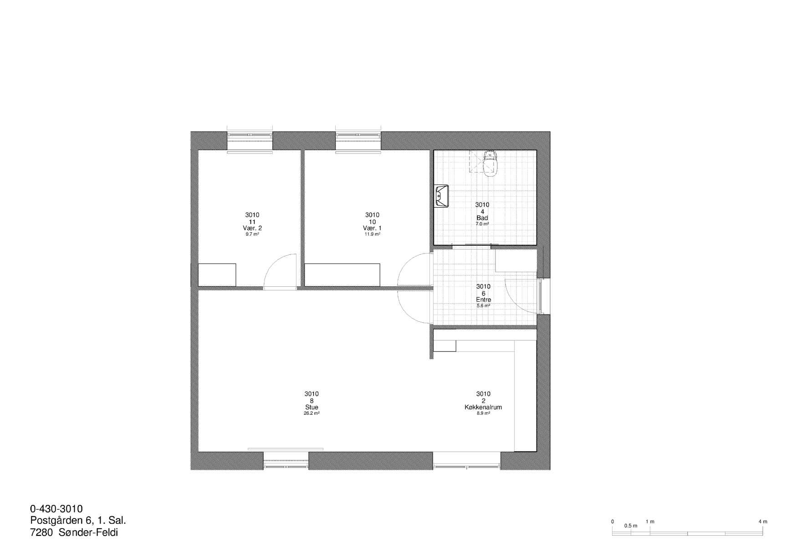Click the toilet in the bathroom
(x=490, y=163)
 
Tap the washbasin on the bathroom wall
(x=441, y=196)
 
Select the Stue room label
(x=311, y=407)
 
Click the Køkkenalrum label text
(x=483, y=407)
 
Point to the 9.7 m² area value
(x=252, y=234)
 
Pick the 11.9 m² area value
(x=372, y=234)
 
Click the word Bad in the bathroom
(x=482, y=218)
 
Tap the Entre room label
(x=483, y=300)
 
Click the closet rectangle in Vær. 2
(x=217, y=275)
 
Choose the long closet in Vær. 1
(x=342, y=275)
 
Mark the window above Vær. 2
(x=250, y=140)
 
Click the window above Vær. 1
(x=358, y=140)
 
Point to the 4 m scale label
(x=763, y=522)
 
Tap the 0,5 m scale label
(x=631, y=526)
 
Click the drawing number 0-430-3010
(x=56, y=509)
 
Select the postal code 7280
(x=41, y=533)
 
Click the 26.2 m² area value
(x=311, y=413)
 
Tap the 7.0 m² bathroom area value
(x=482, y=224)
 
